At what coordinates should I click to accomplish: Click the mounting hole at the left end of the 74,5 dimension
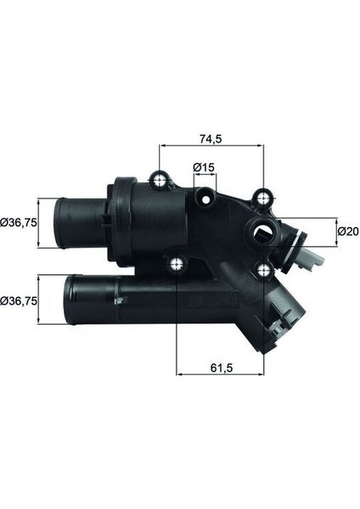[160, 180]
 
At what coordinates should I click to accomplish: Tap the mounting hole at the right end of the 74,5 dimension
[264, 199]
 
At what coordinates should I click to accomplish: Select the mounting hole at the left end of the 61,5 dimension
[176, 264]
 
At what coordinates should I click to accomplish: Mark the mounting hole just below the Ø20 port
[264, 271]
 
